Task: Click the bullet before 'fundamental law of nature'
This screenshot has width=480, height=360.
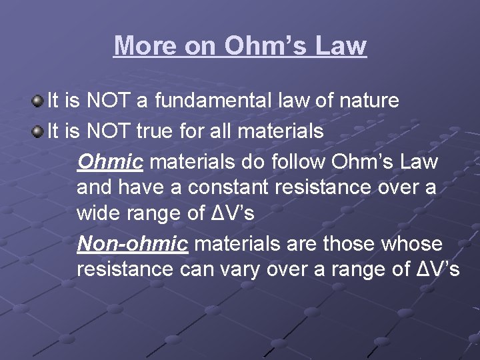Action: pos(37,101)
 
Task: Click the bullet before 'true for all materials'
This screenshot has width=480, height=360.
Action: pos(37,131)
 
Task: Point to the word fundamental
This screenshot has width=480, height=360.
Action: pos(213,101)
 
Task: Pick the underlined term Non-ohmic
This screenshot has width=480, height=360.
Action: pos(132,244)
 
